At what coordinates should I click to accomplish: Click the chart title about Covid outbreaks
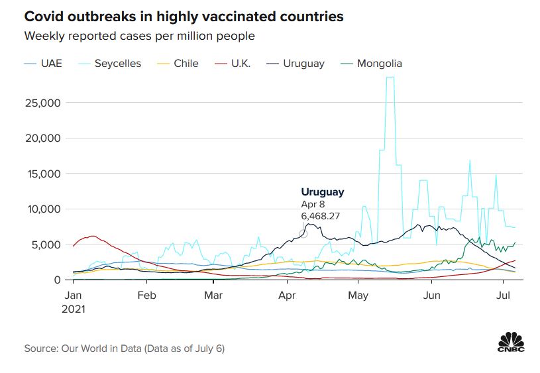[x=184, y=17]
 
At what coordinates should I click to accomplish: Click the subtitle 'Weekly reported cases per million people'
[x=140, y=36]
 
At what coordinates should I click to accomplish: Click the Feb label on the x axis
[x=146, y=295]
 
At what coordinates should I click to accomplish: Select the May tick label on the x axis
[x=358, y=295]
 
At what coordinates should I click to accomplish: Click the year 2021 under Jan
[x=75, y=308]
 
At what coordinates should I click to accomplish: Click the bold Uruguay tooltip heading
[x=323, y=192]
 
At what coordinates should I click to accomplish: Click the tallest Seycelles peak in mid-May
[x=390, y=78]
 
